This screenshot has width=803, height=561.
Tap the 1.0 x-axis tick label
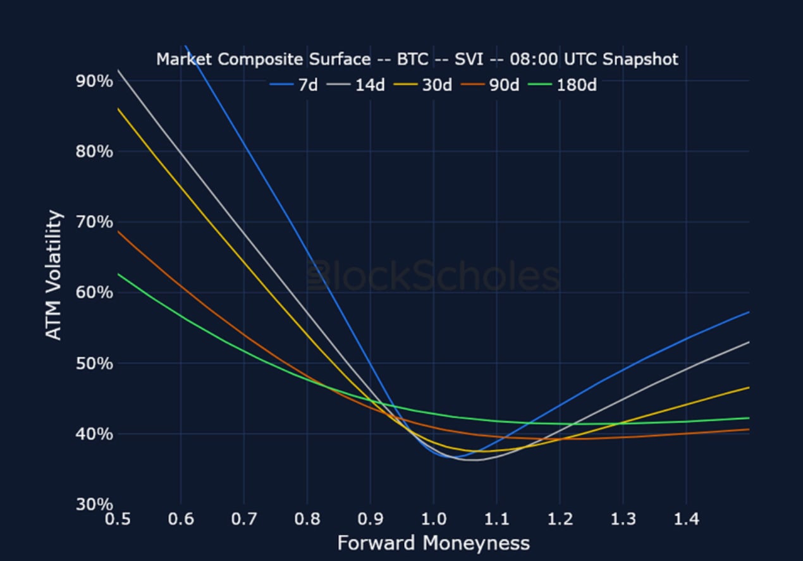(433, 519)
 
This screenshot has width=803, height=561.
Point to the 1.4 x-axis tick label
(686, 519)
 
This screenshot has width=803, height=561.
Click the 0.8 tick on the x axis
(307, 519)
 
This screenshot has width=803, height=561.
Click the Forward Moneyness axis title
(433, 543)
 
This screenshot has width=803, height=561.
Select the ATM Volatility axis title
(55, 275)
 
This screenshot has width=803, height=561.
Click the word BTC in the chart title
(412, 59)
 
